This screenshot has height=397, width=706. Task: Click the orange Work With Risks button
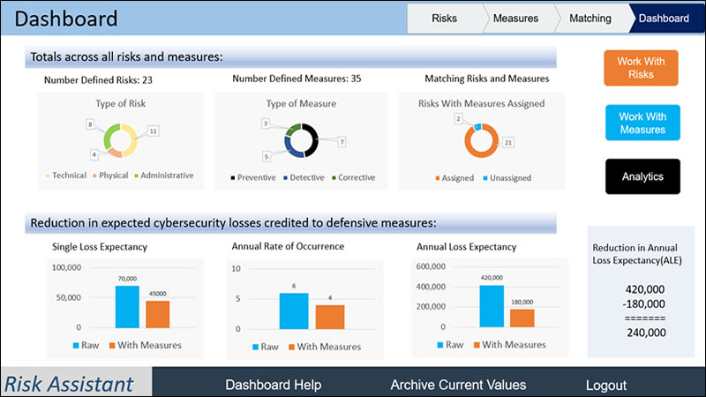coord(642,68)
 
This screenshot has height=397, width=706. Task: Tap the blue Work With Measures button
coord(642,123)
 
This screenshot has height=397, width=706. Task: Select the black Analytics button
coord(642,176)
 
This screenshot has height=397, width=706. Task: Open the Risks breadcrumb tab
coord(445,18)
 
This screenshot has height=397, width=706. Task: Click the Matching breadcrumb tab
coord(590,18)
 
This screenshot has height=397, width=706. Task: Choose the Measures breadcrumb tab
coord(516,18)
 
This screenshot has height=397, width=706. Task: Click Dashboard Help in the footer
coord(274,385)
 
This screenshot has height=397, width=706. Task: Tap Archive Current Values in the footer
coord(458,385)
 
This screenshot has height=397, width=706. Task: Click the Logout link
coord(606,385)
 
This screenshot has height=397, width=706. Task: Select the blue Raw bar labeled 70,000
coord(127,306)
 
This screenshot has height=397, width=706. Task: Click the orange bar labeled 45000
coord(157,314)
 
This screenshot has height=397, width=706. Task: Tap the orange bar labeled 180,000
coord(522,318)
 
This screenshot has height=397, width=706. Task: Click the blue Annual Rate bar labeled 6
coord(293,310)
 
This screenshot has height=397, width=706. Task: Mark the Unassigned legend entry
coord(506,177)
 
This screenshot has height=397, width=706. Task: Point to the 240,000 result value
coord(645,333)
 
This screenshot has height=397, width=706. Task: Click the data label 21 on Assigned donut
coord(508,142)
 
